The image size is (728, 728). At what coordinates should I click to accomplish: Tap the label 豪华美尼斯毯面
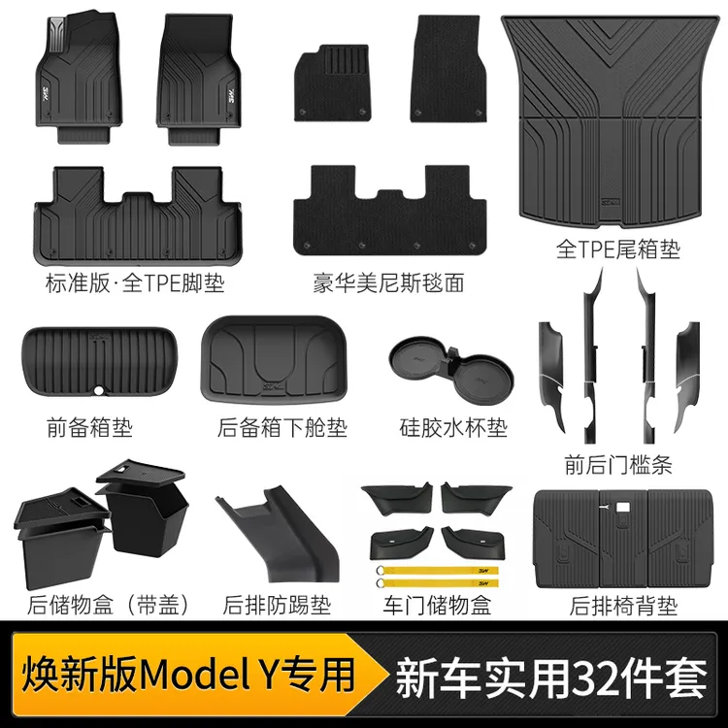coord(387,282)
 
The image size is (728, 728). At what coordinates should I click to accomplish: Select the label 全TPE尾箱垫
coord(617,249)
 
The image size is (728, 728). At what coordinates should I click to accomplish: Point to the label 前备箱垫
coord(89,426)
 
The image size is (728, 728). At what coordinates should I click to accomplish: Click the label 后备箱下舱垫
coord(282,426)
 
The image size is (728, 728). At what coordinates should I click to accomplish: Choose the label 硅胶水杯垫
coord(453,426)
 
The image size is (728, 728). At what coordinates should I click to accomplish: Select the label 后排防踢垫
coord(277,606)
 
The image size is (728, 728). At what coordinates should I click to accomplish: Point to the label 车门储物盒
coord(438,606)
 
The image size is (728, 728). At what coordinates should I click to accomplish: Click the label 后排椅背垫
coord(624,606)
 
